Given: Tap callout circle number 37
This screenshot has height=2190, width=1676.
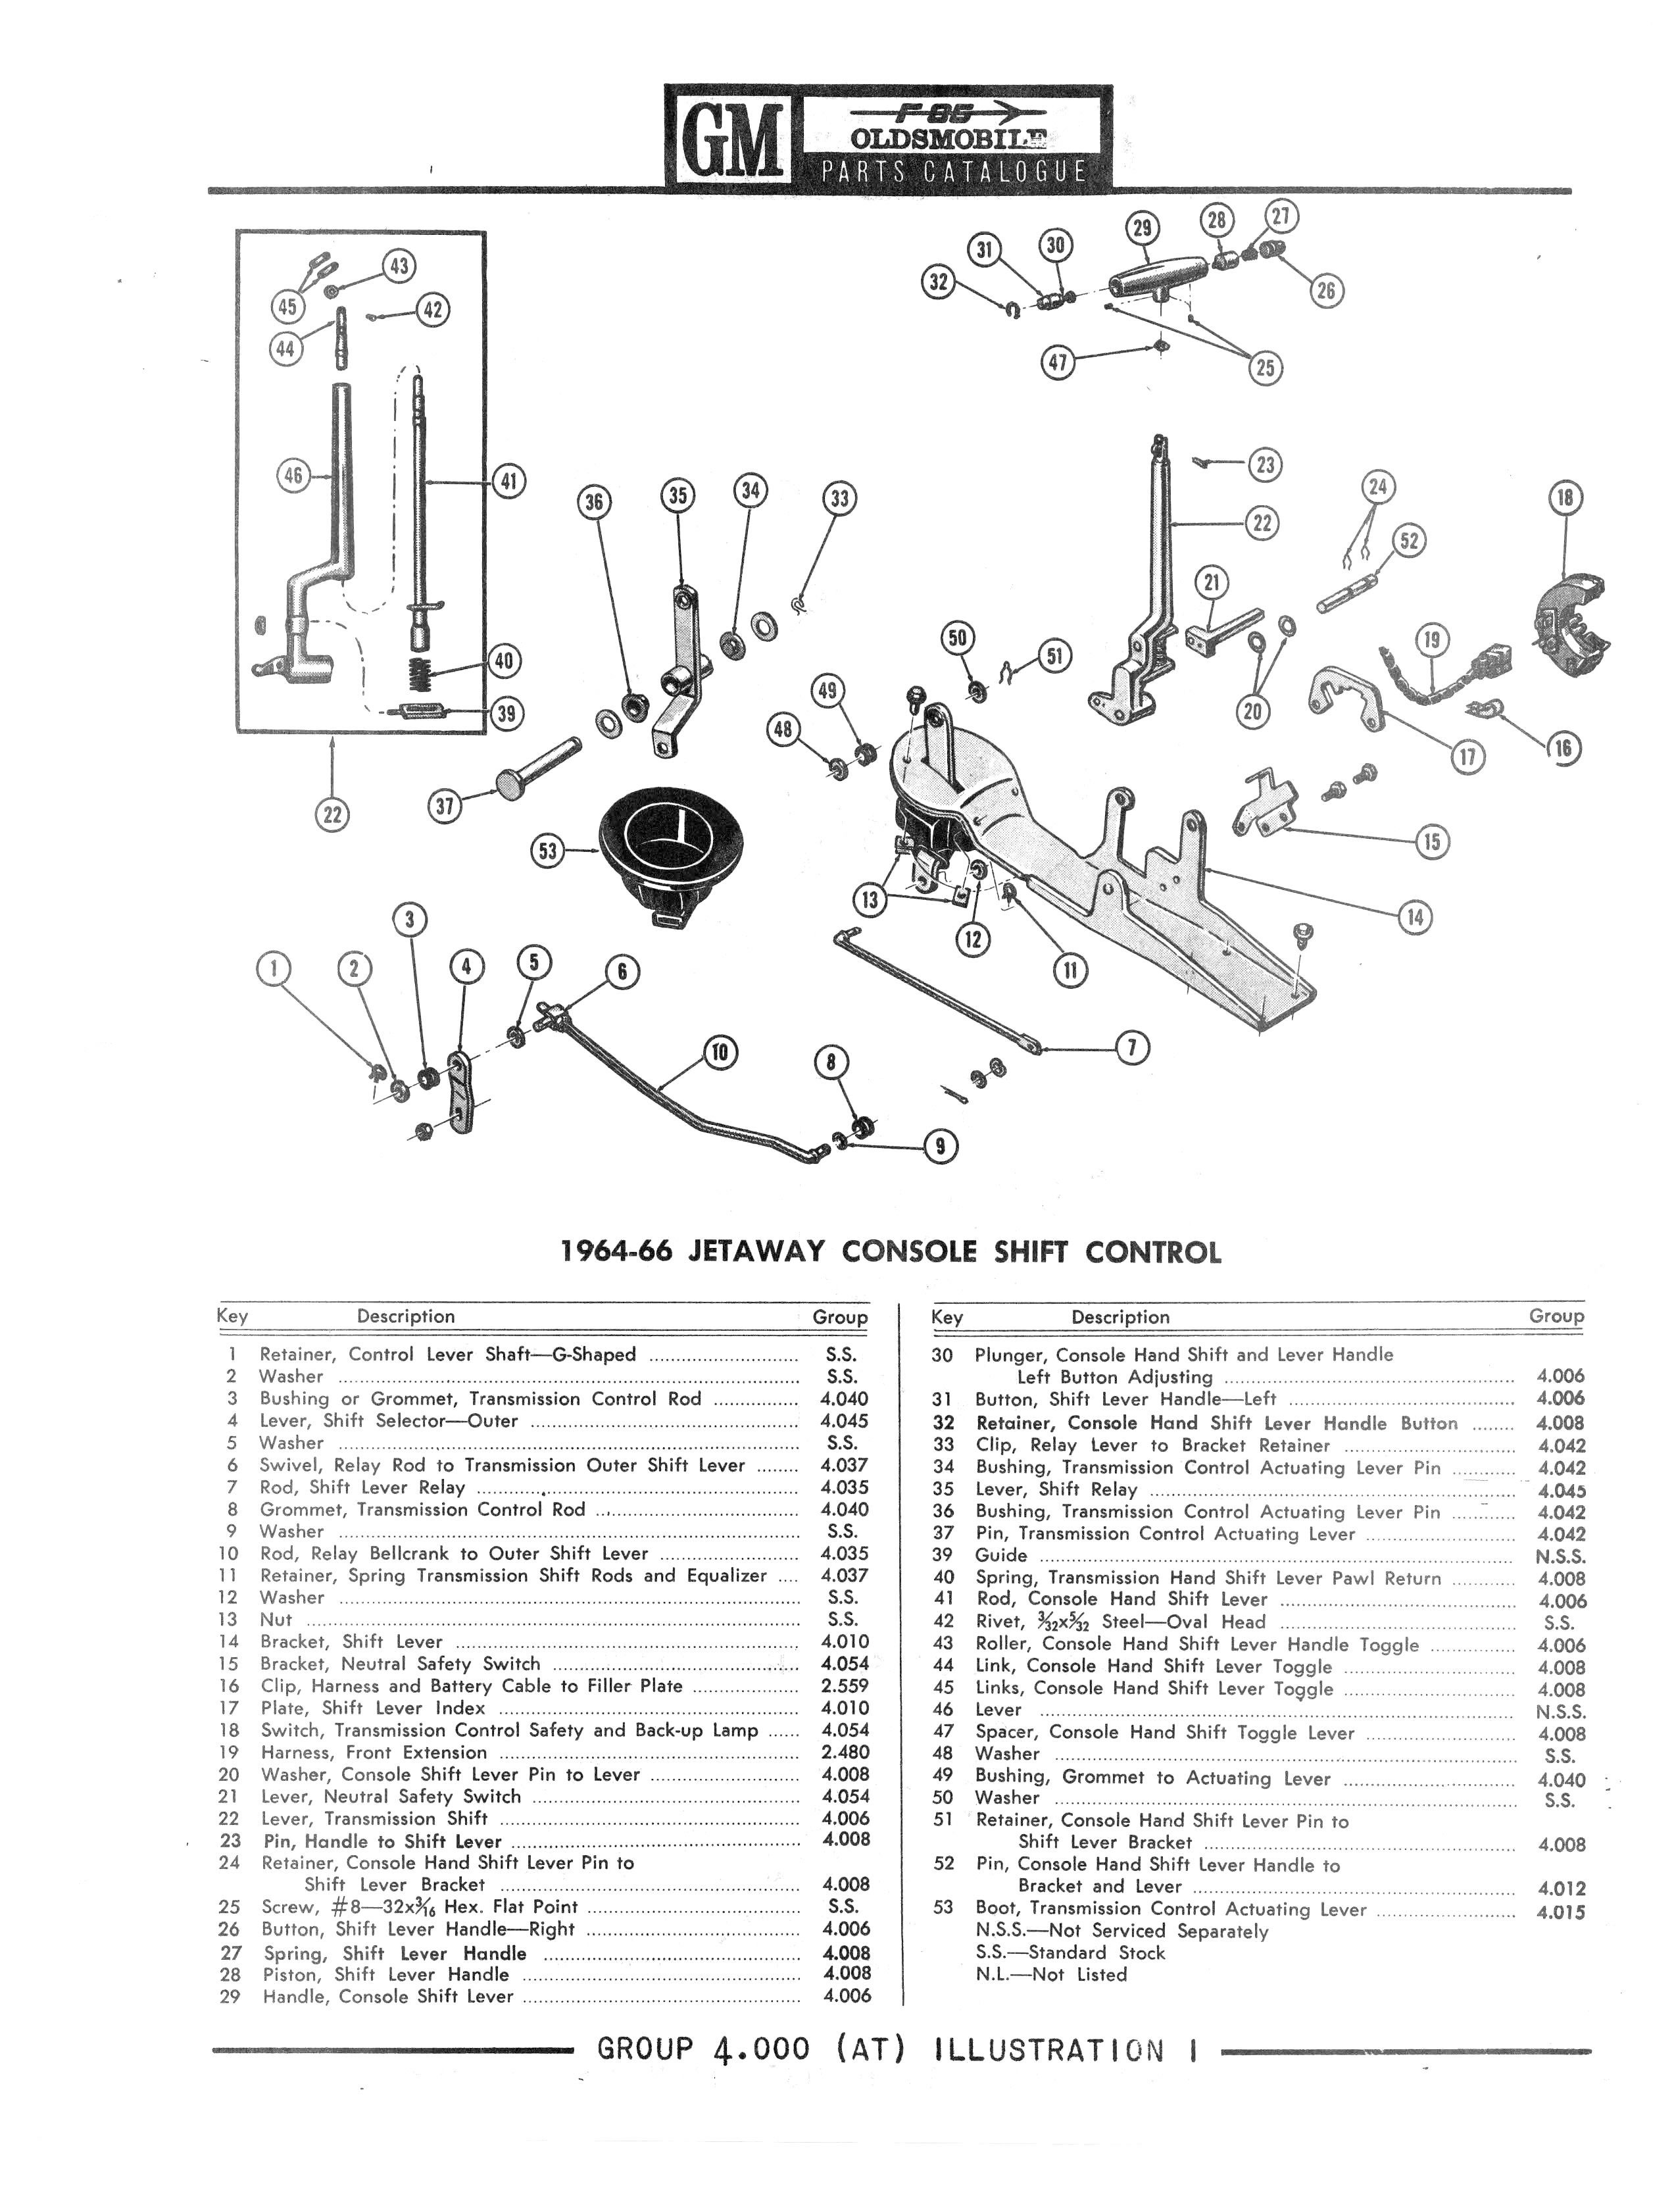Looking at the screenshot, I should click(445, 805).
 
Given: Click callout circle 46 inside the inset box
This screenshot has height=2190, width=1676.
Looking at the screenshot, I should click(292, 476).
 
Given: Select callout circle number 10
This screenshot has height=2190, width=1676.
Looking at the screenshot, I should click(720, 1053).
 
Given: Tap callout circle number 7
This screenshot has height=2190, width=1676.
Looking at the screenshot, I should click(1131, 1047).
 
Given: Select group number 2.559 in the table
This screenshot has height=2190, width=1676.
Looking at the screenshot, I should click(845, 1685).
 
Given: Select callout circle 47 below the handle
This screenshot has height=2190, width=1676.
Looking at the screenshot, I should click(1058, 362).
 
